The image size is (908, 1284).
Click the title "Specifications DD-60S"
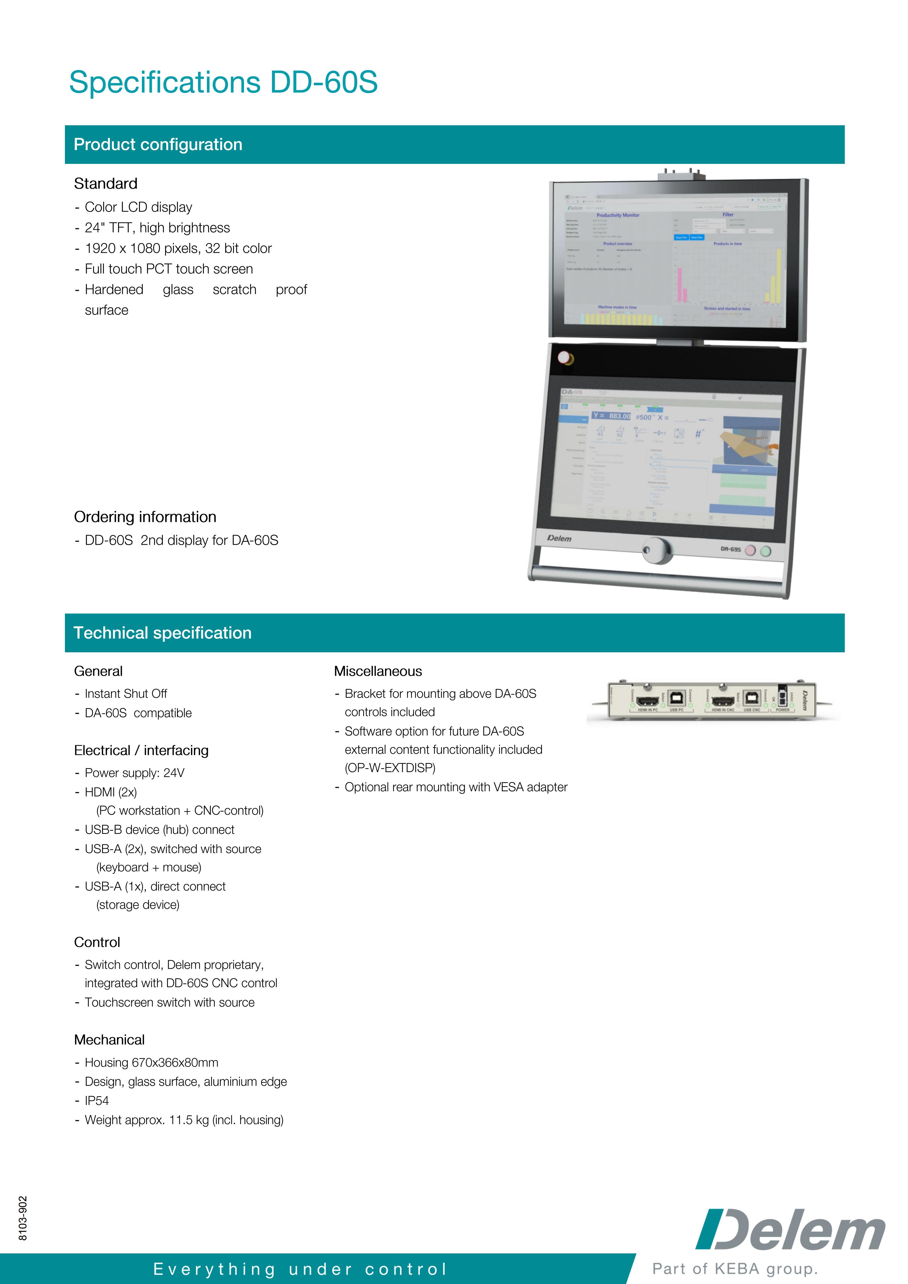[x=223, y=82]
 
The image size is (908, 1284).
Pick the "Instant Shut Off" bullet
[x=126, y=694]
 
